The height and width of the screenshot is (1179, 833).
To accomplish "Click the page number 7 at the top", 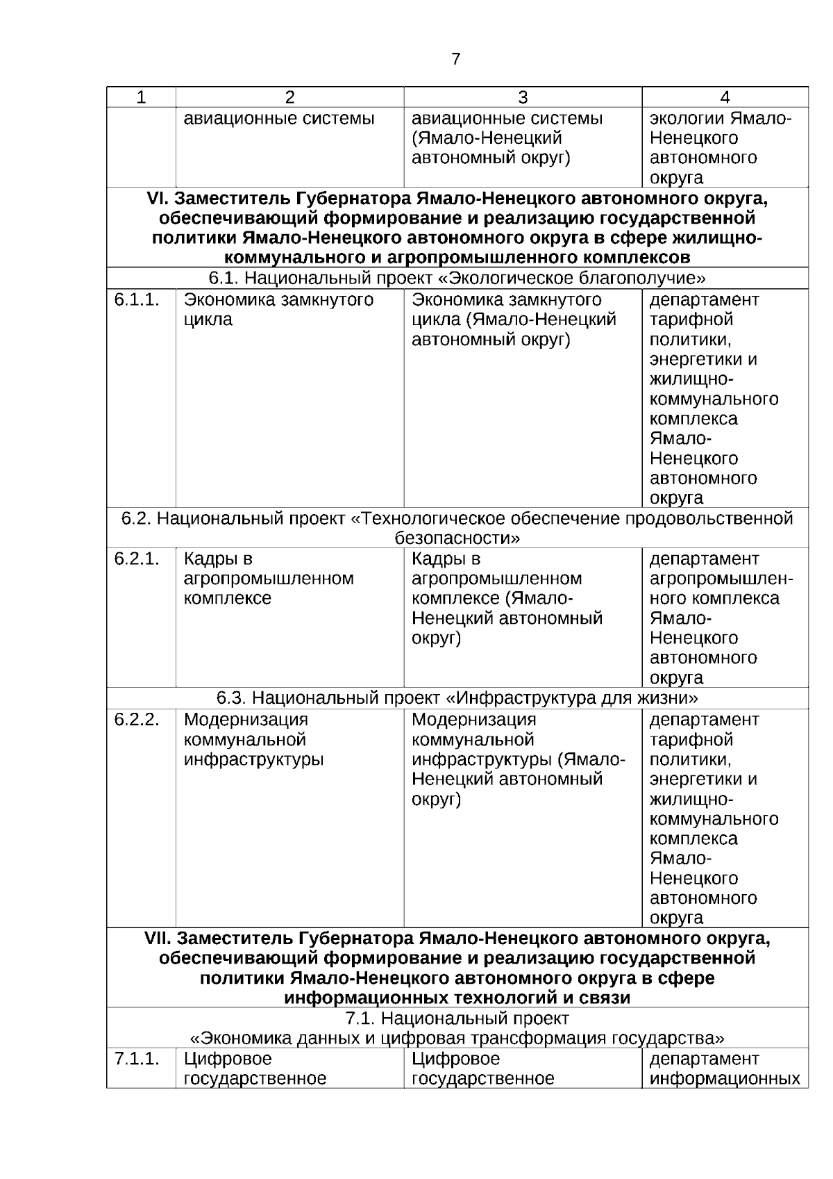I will point(455,59).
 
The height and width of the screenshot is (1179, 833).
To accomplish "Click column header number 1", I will point(141,97).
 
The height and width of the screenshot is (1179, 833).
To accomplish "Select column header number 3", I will point(523,97).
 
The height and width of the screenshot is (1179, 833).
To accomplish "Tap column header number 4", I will point(725,97).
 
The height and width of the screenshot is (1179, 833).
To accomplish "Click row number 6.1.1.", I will point(137,299).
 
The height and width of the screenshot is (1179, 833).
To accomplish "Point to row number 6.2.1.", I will point(137,559).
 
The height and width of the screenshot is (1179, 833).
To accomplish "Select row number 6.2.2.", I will point(137,719).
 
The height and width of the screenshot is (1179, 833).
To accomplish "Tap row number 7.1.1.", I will point(137,1058).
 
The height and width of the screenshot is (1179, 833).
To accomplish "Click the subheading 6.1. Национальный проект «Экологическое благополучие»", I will point(457,279).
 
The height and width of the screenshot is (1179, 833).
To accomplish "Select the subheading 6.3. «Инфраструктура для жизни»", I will point(457,698).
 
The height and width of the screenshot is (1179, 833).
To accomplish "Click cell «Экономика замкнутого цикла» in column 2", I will point(278,310).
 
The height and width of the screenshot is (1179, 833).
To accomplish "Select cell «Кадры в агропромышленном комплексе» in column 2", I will point(269,579).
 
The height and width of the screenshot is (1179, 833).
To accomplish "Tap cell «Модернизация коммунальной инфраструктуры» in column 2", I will point(253,739).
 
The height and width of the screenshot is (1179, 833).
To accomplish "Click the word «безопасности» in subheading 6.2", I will point(457,538).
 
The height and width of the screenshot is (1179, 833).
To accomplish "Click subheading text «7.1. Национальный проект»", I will point(457,1019).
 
